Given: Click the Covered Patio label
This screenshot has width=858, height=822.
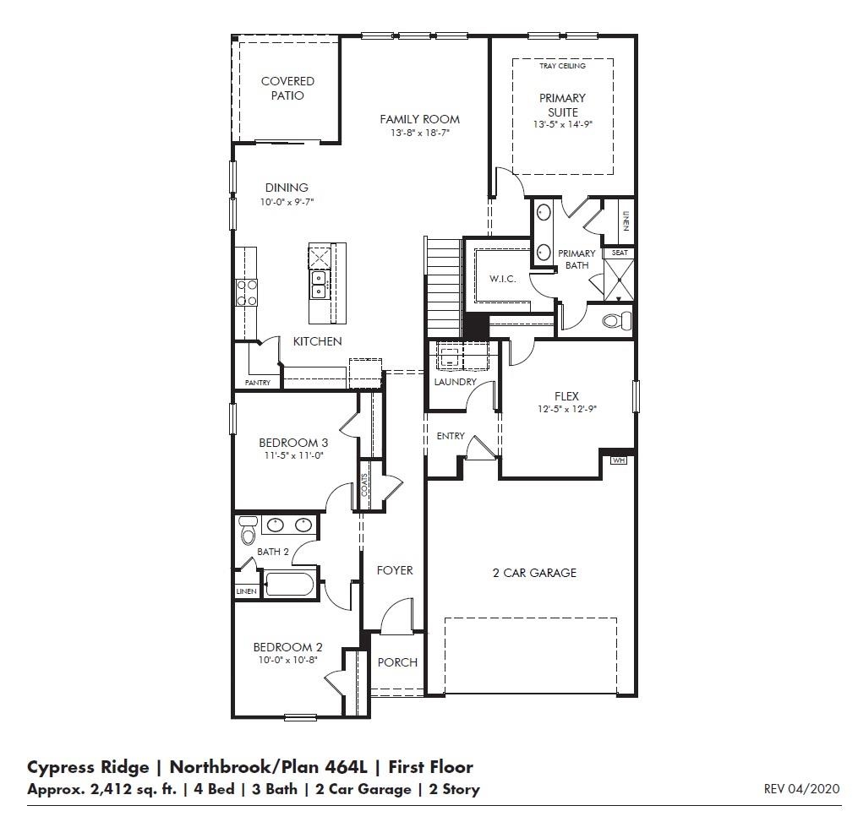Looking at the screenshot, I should point(287,89).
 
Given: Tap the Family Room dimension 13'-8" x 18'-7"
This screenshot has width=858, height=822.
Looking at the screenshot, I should point(419,133).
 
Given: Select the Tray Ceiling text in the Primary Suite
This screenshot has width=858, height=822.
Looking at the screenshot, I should point(562,65).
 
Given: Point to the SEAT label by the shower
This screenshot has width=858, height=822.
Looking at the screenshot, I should point(620,253).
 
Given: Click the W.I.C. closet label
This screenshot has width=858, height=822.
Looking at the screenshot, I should point(502,280).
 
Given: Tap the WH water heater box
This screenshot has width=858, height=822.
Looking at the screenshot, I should point(618,460).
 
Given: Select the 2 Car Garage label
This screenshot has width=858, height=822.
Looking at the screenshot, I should point(534,573).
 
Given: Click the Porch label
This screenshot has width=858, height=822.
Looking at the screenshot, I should point(397,662).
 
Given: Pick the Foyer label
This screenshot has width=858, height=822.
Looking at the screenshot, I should point(395,570).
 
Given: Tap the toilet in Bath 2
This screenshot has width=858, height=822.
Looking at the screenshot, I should point(248,531).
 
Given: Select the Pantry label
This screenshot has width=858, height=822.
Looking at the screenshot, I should point(257,383).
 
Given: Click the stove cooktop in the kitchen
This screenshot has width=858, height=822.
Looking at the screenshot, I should point(247,292).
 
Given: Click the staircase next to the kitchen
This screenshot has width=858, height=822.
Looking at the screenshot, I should point(441,287).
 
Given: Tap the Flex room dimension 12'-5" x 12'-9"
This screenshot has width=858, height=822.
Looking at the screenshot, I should point(566,410).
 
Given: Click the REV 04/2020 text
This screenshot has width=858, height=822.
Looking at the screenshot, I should point(801,789).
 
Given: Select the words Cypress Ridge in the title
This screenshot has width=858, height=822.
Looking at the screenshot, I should point(87,767).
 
